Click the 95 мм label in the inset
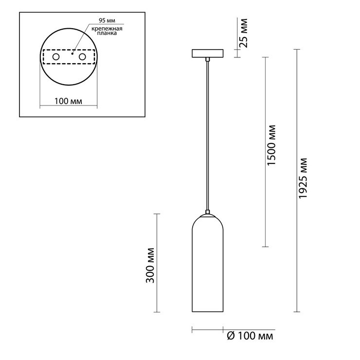(107, 20)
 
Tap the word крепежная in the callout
(107, 29)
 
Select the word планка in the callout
(107, 33)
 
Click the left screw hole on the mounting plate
(56, 57)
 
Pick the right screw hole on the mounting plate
(82, 57)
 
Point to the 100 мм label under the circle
(68, 101)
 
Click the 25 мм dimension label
(243, 33)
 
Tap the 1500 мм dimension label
(271, 145)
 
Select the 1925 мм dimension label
(303, 178)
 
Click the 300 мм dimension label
(150, 266)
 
